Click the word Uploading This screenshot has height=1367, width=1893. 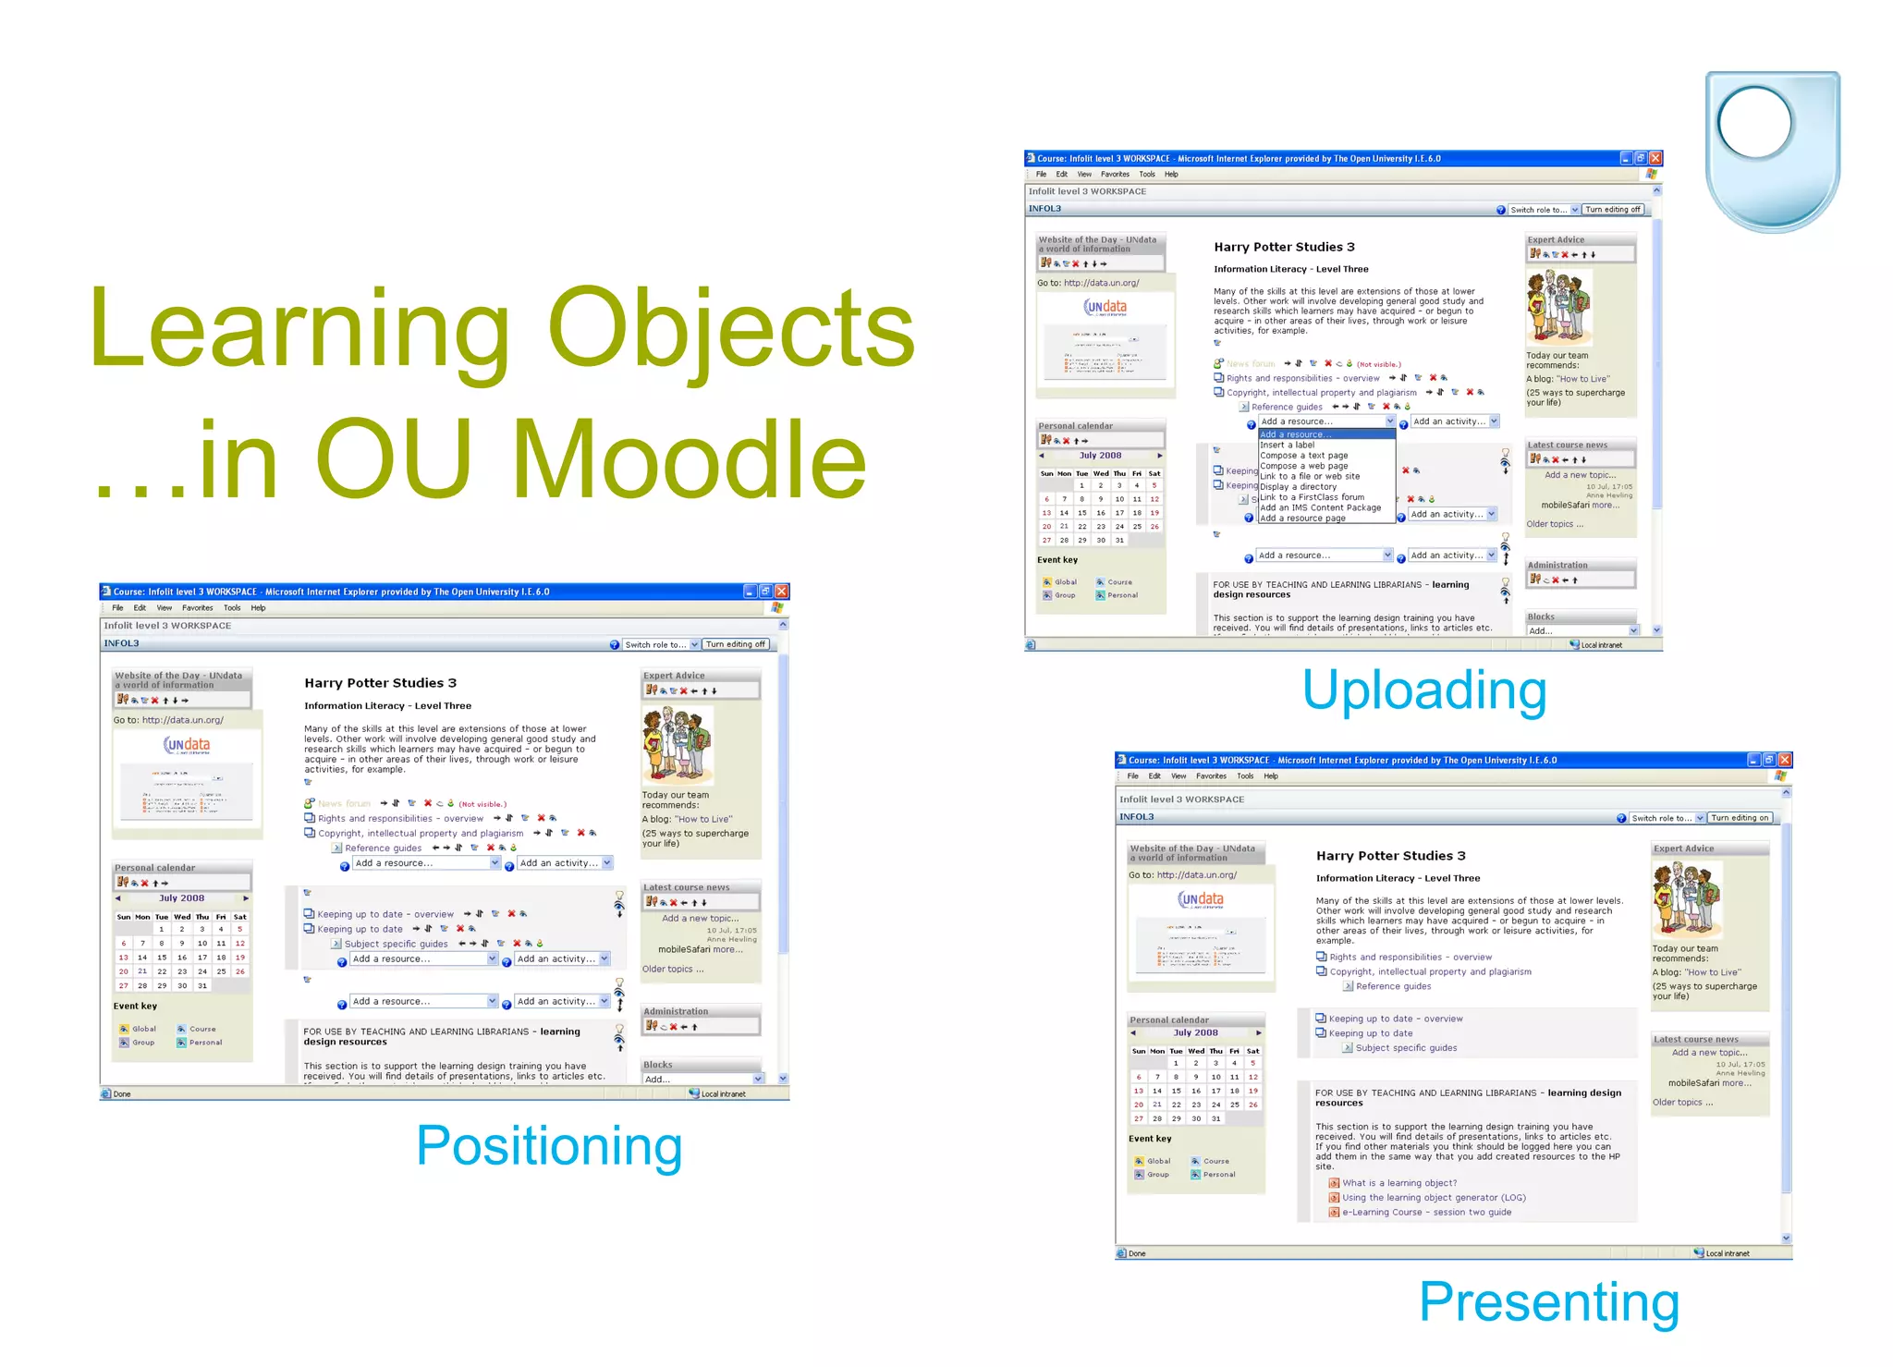click(1424, 691)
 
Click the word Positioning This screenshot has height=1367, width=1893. click(549, 1146)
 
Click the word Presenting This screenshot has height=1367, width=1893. click(1549, 1302)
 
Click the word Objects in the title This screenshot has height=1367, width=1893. click(730, 328)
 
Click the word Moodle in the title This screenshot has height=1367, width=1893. click(689, 459)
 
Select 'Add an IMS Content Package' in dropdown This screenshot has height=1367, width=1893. click(1320, 507)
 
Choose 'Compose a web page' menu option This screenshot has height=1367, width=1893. click(1303, 466)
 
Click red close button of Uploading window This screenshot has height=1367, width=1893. click(1655, 158)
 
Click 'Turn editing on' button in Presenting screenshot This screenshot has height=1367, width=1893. click(1739, 818)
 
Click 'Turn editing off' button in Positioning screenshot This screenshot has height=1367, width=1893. click(735, 644)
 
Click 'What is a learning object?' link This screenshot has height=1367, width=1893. click(1398, 1183)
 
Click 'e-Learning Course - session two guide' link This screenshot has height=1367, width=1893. click(1426, 1213)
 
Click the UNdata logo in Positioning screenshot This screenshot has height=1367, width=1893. click(187, 744)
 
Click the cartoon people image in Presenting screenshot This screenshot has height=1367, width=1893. click(1687, 900)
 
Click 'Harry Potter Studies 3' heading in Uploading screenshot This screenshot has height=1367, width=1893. click(1284, 247)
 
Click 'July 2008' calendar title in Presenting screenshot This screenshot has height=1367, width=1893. click(1195, 1033)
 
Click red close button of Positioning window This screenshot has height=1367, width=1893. click(782, 592)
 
